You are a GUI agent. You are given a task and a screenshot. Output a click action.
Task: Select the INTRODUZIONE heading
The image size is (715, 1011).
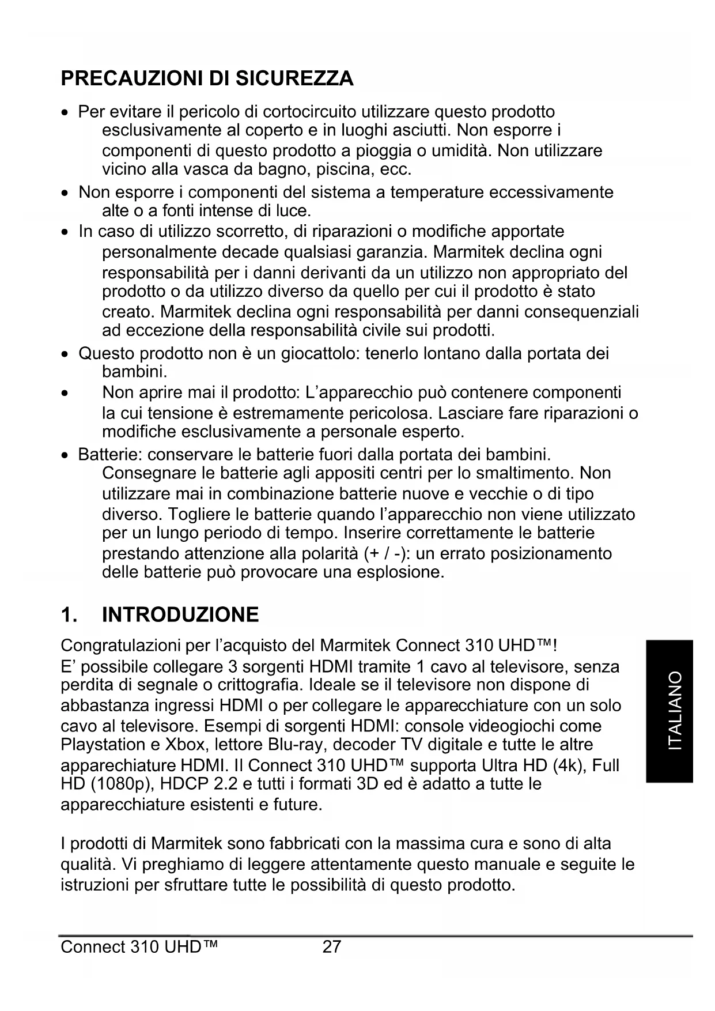180,615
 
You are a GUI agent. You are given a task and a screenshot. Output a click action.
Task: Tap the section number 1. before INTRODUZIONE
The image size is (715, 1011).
69,615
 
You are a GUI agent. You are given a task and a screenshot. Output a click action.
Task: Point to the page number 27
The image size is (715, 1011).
332,946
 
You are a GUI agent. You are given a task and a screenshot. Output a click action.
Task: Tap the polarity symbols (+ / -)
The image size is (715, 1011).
387,553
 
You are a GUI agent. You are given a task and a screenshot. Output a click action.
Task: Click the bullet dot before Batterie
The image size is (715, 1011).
66,455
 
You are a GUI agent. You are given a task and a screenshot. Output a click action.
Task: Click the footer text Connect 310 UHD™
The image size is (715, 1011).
139,946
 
